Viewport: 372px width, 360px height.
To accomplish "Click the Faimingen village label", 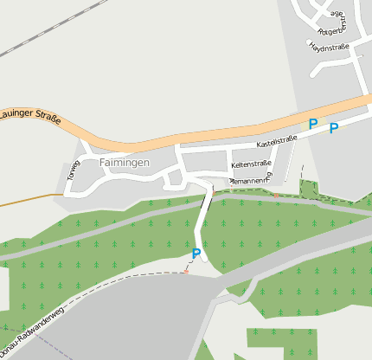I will pos(124,162).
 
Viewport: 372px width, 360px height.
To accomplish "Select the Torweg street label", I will pos(72,170).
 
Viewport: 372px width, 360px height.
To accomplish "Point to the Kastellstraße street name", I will pos(276,139).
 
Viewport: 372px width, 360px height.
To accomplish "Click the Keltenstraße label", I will pos(251,164).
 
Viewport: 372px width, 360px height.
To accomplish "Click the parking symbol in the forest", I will pos(196,254).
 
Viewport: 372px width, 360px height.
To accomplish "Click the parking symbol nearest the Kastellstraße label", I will pos(313,124).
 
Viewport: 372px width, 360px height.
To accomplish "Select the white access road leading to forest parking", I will pos(203,216).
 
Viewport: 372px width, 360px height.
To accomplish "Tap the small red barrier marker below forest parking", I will pos(185,272).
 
